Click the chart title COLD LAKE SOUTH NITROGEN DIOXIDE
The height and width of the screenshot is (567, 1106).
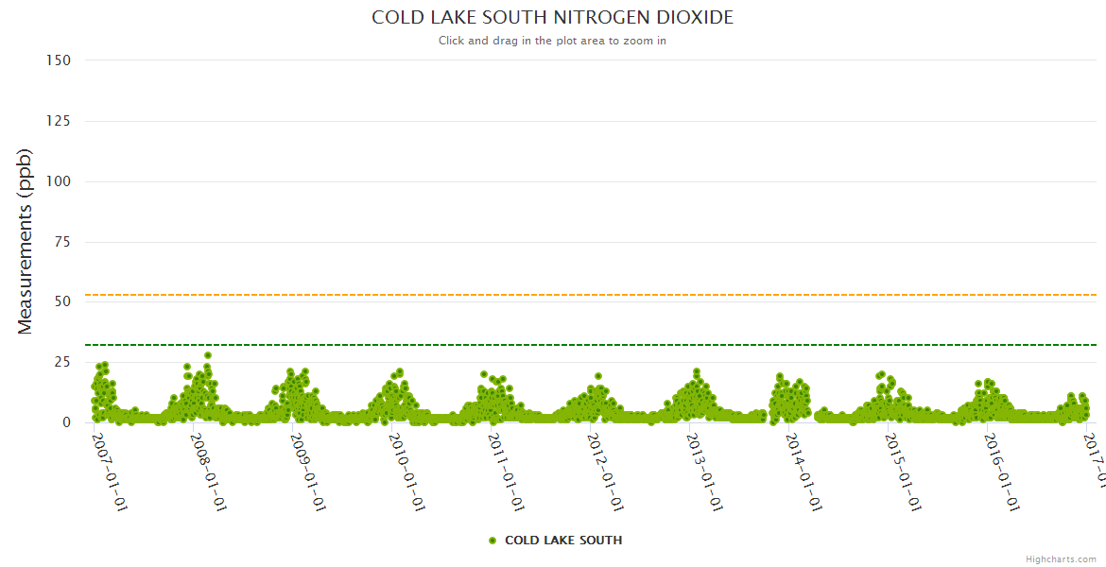tap(552, 18)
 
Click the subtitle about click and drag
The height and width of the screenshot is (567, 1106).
tap(552, 41)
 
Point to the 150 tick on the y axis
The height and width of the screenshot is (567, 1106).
tap(59, 60)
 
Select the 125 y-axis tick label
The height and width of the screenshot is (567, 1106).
tap(59, 121)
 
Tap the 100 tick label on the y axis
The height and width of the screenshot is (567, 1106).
tap(59, 181)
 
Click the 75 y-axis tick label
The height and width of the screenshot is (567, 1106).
tap(62, 242)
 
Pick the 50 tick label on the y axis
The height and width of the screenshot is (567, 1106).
tap(62, 302)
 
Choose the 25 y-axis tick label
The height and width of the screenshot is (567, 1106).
tap(62, 362)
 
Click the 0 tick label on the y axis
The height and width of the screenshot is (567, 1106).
tap(66, 422)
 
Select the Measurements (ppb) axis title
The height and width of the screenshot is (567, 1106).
tap(26, 241)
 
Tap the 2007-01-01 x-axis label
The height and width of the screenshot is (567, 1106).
tap(110, 472)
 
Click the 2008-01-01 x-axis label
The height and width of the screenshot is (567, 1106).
tap(209, 472)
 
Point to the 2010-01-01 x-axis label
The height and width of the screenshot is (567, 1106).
tap(407, 472)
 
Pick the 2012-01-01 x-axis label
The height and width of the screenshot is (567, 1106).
tap(606, 472)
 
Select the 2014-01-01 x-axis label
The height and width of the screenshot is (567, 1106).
tap(804, 472)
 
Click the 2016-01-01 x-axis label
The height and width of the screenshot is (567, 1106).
tap(1003, 472)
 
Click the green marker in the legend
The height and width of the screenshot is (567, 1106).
tap(492, 541)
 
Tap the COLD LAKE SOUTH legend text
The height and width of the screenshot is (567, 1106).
tap(563, 541)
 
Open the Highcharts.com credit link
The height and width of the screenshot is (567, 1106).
tap(1061, 559)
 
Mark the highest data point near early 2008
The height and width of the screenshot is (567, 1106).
tap(208, 355)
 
